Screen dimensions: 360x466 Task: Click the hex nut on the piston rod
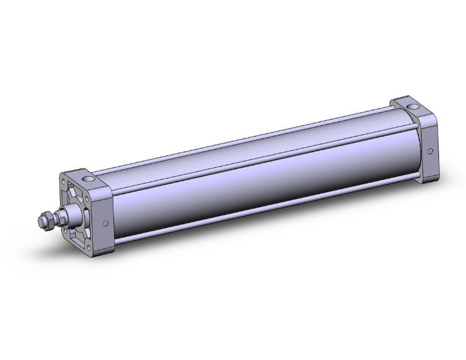pyautogui.click(x=44, y=221)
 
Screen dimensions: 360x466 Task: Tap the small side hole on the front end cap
pyautogui.click(x=105, y=224)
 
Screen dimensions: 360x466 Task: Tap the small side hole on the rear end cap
pyautogui.click(x=430, y=152)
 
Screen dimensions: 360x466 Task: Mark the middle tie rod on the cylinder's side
pyautogui.click(x=251, y=165)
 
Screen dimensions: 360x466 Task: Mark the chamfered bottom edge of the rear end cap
pyautogui.click(x=428, y=178)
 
